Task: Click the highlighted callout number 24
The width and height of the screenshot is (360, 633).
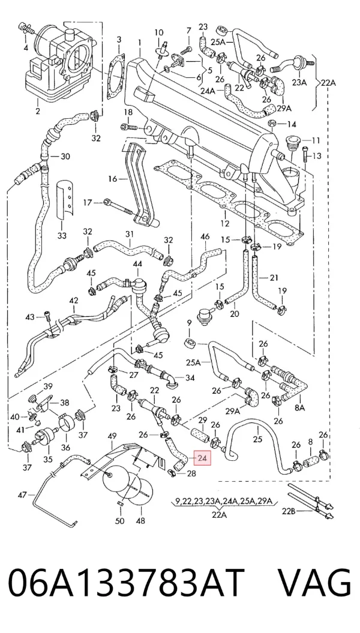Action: click(202, 458)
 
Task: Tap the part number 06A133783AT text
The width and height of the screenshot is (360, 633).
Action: click(127, 583)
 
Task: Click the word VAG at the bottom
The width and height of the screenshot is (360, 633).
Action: click(315, 583)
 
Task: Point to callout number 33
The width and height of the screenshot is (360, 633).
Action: click(62, 236)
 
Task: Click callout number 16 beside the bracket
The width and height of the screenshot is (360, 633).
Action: click(112, 178)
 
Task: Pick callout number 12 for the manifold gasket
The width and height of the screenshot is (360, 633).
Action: click(224, 223)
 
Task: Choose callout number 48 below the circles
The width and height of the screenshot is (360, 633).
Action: click(140, 521)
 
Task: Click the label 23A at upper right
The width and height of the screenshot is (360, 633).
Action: click(299, 82)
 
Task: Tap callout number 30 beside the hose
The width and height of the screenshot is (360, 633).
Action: click(65, 156)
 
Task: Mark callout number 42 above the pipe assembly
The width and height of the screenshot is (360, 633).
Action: click(73, 301)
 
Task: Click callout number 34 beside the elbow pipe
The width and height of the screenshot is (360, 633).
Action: click(190, 378)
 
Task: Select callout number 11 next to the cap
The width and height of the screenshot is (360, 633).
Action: click(316, 140)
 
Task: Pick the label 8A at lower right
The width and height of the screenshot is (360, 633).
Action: click(300, 408)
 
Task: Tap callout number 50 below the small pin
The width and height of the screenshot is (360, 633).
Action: click(120, 521)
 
